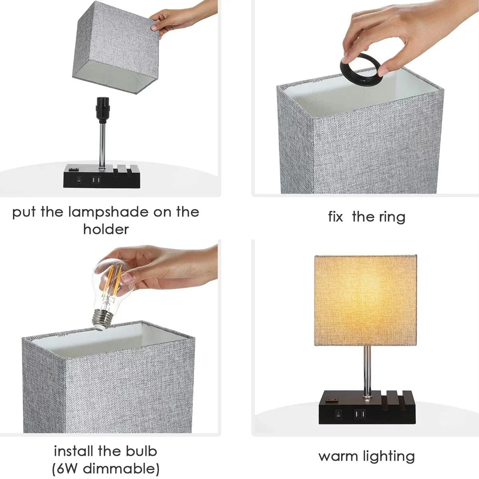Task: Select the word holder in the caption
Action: click(106, 229)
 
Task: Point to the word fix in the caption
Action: click(336, 217)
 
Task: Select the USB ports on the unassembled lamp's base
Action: click(96, 180)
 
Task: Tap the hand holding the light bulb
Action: click(168, 267)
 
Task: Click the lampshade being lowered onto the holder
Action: click(114, 48)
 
